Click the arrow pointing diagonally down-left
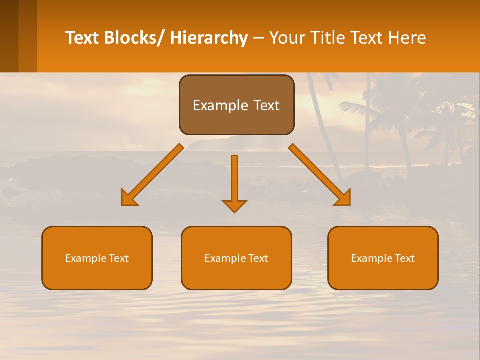(x=153, y=174)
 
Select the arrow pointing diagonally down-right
(x=319, y=174)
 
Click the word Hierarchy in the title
(x=209, y=38)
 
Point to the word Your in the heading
(x=287, y=38)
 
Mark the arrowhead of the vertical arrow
(x=234, y=206)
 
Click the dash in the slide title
(x=258, y=38)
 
